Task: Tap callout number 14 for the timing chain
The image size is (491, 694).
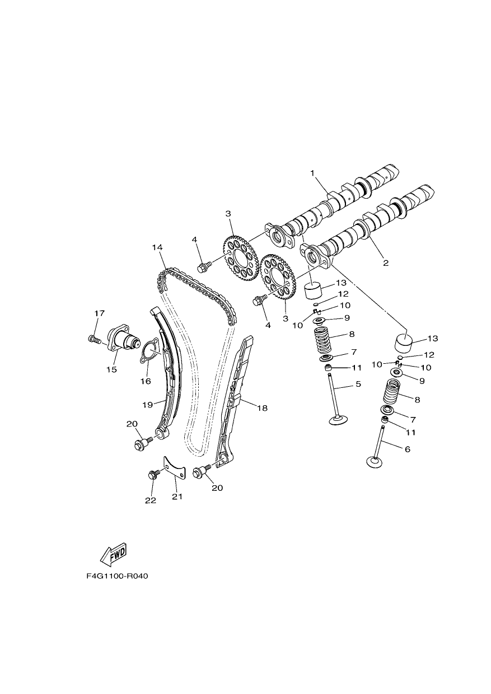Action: tap(157, 247)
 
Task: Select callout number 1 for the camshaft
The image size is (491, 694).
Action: tap(313, 173)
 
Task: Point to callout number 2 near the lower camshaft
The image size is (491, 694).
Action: tap(386, 263)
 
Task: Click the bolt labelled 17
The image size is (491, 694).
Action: tap(93, 340)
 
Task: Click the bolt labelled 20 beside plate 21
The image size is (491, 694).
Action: tap(200, 482)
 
